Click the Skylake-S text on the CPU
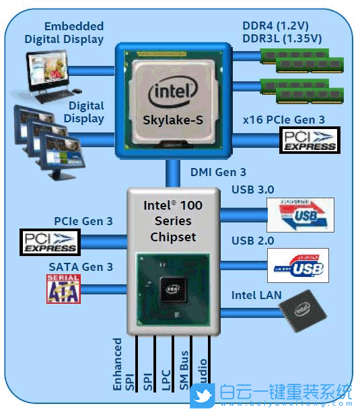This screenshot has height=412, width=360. [x=174, y=121]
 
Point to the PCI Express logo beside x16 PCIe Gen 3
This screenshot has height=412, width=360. [x=309, y=140]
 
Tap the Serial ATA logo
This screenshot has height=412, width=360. [x=63, y=288]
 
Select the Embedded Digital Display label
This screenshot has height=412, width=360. [x=65, y=33]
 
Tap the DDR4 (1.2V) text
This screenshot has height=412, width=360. [x=281, y=26]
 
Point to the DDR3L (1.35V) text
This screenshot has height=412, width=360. [x=282, y=38]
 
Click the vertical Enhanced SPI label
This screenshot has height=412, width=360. [x=118, y=365]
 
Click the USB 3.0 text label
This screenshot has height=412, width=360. [x=252, y=190]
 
